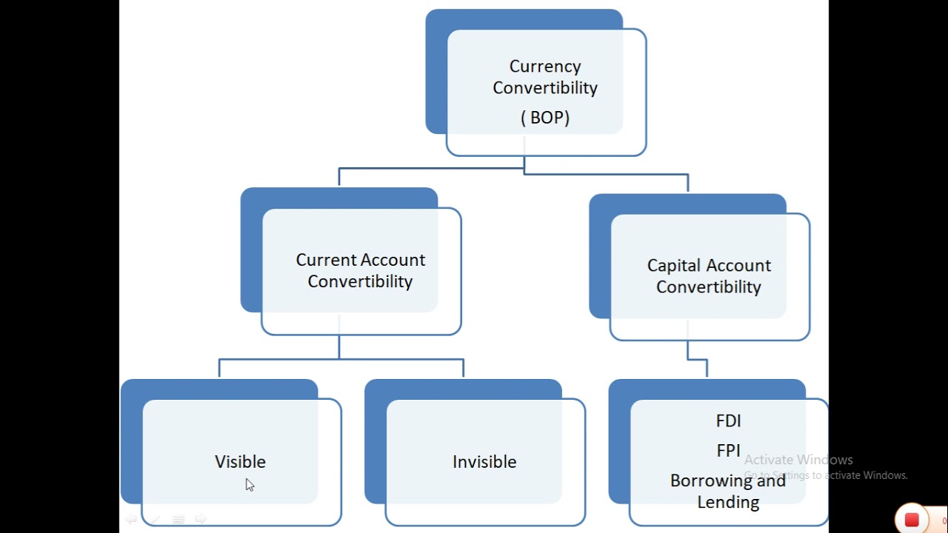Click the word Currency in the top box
click(545, 67)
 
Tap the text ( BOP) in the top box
click(545, 118)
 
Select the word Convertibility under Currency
click(545, 88)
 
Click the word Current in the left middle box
click(324, 260)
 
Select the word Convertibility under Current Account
click(360, 282)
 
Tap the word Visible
click(240, 462)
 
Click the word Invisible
click(484, 462)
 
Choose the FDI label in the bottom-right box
click(728, 421)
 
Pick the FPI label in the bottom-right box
click(728, 451)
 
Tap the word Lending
click(728, 503)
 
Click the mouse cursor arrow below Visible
click(249, 485)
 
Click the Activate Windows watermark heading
click(798, 460)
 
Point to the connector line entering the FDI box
click(707, 369)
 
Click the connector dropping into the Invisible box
click(463, 368)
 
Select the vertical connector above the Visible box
click(219, 368)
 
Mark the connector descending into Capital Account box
click(688, 183)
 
